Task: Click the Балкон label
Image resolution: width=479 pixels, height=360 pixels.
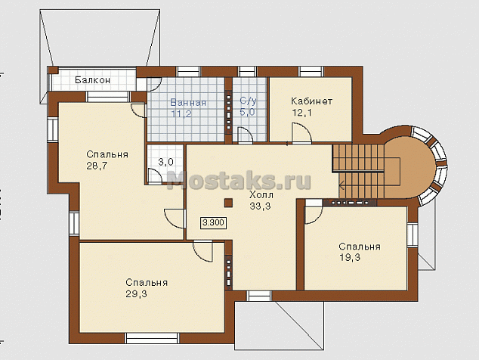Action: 93,80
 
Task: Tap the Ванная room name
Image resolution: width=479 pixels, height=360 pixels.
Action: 188,102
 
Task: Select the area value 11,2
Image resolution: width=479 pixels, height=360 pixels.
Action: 181,114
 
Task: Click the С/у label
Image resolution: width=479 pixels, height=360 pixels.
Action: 248,101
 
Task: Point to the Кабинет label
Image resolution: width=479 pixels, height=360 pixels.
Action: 311,101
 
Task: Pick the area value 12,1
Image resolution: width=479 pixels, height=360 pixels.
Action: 301,113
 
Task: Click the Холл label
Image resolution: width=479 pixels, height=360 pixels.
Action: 261,195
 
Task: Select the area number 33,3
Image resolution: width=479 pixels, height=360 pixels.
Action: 260,206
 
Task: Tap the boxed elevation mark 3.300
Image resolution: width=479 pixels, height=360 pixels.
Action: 214,222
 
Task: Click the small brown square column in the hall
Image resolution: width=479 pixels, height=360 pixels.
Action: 228,203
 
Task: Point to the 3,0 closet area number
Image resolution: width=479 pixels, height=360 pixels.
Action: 166,162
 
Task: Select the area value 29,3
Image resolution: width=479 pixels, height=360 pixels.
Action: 136,294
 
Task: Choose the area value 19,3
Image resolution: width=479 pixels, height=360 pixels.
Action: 350,258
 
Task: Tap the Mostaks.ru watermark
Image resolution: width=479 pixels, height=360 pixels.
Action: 239,180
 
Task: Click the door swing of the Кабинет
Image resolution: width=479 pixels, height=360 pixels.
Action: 301,133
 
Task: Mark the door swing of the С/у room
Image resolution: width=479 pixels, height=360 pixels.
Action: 246,135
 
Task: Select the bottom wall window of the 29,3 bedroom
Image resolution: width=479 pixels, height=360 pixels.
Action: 152,338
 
